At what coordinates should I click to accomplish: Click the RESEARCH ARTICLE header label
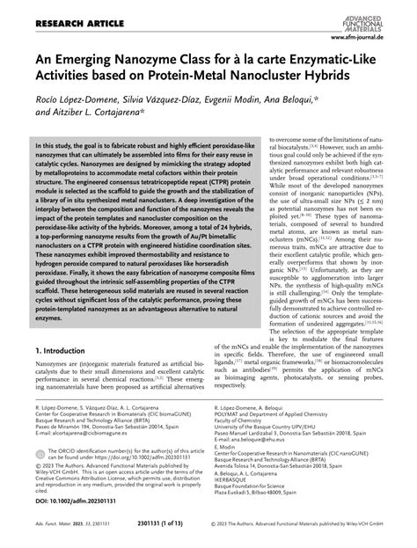(53, 11)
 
